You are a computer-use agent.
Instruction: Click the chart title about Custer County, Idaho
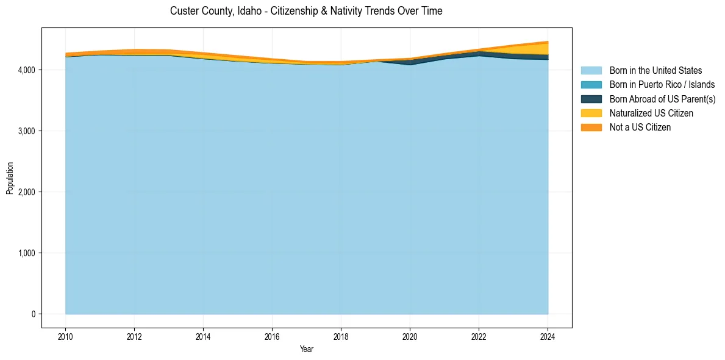[x=306, y=11]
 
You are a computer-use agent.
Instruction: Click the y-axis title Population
[x=10, y=178]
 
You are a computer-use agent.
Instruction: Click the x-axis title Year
[x=307, y=349]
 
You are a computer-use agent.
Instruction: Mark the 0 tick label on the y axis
[x=34, y=314]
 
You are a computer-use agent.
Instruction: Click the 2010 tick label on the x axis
[x=65, y=336]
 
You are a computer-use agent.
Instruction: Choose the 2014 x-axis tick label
[x=203, y=336]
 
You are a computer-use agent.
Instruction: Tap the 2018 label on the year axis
[x=341, y=336]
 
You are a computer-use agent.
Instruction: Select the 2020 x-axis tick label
[x=410, y=336]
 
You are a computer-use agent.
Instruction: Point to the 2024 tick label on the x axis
[x=548, y=336]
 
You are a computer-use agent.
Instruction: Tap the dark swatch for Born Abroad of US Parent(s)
[x=591, y=99]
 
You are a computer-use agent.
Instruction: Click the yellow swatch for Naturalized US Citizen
[x=591, y=113]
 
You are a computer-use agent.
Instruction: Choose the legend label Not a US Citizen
[x=640, y=128]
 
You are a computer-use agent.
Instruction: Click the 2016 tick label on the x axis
[x=272, y=336]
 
